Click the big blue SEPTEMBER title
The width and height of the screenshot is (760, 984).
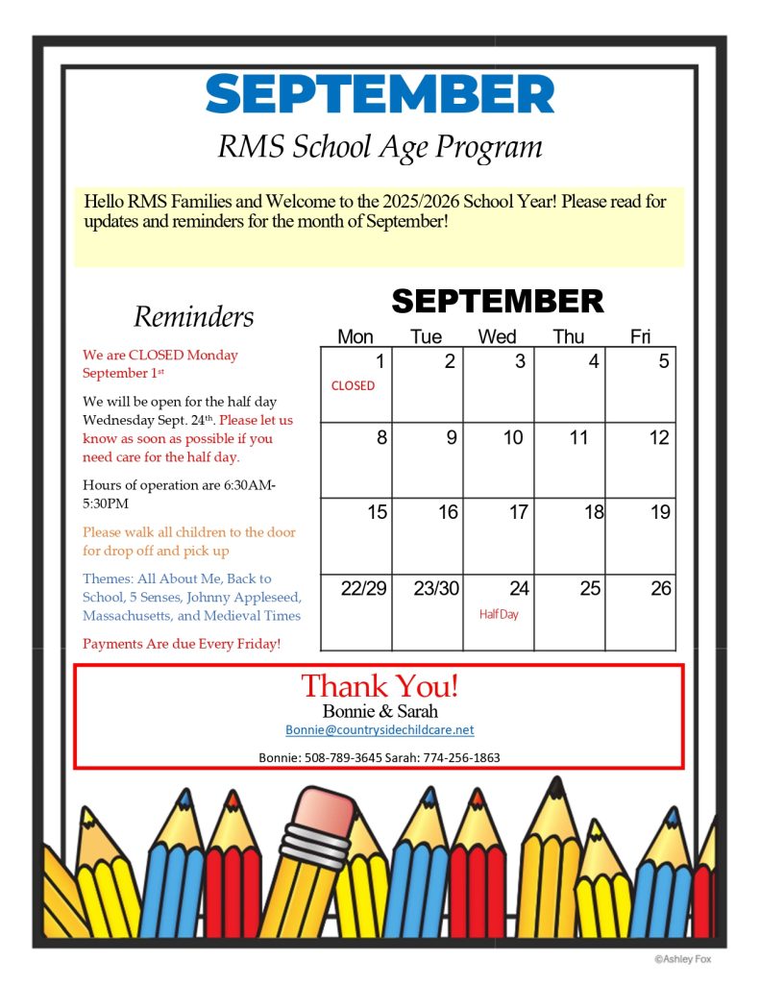coord(380,94)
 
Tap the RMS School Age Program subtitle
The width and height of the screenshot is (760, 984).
coord(380,147)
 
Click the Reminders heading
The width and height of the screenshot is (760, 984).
coord(193,316)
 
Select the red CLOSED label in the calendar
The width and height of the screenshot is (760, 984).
coord(353,385)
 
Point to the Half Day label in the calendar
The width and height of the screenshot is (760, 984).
coord(499,614)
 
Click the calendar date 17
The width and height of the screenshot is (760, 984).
coord(518,512)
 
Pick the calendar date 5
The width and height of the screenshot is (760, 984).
coord(663,362)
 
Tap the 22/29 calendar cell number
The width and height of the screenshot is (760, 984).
coord(363,589)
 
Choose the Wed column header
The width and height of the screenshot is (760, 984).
coord(497,336)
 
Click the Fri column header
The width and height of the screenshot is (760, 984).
coord(640,336)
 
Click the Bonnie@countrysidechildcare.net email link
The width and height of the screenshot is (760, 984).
coord(380,730)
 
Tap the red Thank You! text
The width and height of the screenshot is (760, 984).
coord(380,686)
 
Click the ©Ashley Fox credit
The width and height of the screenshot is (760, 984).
coord(683,958)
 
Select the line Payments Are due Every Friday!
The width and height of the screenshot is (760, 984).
coord(182,643)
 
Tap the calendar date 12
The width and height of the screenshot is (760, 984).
coord(658,438)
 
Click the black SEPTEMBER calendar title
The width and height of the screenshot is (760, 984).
coord(497,301)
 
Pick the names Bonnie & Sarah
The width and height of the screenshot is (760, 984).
coord(380,711)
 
